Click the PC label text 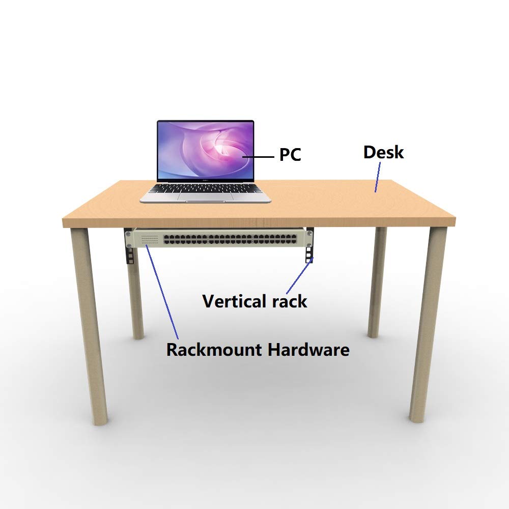pos(290,155)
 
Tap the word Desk pos(383,152)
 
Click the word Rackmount pos(214,350)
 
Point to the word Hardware pos(309,350)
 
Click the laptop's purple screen pos(205,150)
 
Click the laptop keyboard pos(205,188)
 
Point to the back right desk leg pos(377,282)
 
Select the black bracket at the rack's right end pos(309,245)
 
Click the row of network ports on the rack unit pos(230,240)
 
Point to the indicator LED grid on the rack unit pos(150,240)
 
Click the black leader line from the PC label pos(259,157)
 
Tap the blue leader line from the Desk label pos(378,177)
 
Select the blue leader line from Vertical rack pos(300,275)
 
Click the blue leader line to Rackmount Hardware pos(162,292)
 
